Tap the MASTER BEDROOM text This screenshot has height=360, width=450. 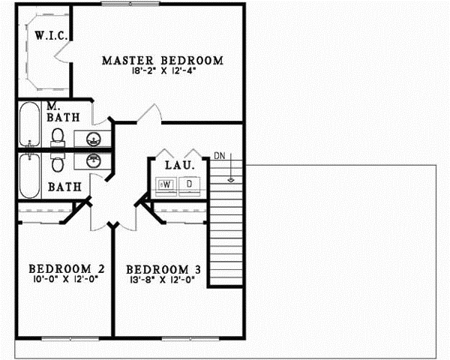pyautogui.click(x=163, y=60)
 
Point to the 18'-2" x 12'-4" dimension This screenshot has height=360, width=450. pyautogui.click(x=163, y=71)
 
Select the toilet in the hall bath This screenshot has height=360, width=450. pyautogui.click(x=57, y=160)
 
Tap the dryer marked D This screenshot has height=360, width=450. pyautogui.click(x=189, y=184)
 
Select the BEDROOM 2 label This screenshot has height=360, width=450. pyautogui.click(x=66, y=268)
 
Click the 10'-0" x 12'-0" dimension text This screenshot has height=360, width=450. pyautogui.click(x=66, y=279)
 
